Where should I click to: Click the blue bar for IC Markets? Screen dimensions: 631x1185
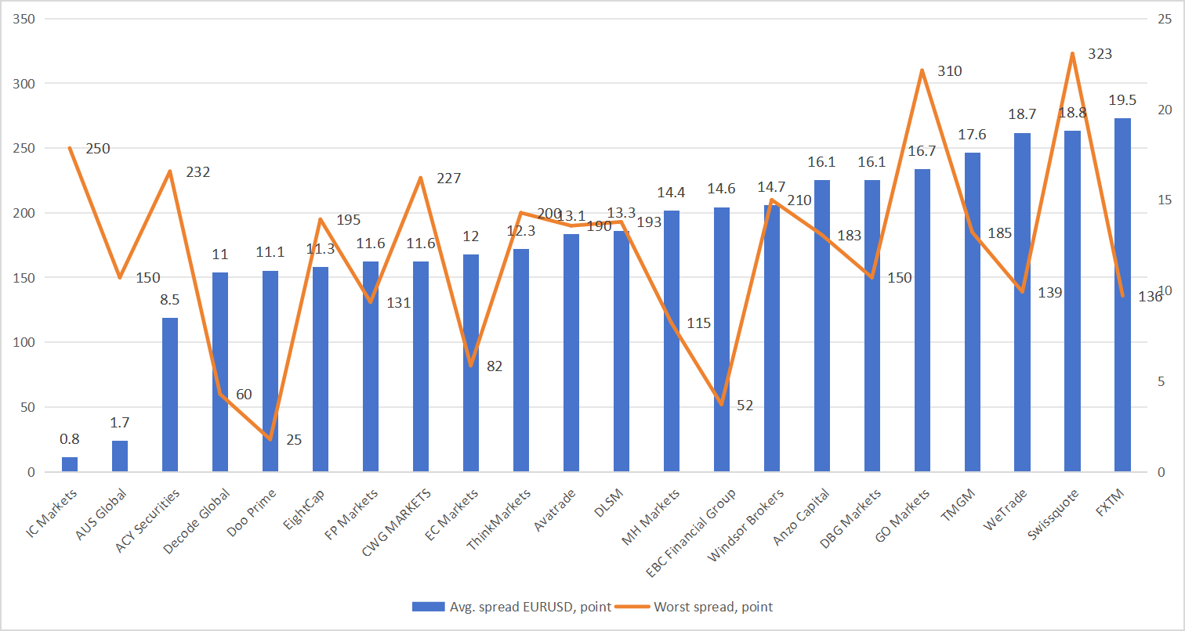(70, 464)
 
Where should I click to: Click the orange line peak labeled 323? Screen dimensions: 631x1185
(1072, 53)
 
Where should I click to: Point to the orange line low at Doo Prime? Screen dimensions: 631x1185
(270, 439)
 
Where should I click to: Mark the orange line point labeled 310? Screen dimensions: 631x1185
(922, 70)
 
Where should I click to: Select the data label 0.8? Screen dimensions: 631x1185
(70, 439)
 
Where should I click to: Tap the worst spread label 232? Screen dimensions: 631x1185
(198, 171)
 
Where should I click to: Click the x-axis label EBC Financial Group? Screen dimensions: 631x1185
(692, 534)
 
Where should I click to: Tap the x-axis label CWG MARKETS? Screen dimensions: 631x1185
(397, 524)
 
